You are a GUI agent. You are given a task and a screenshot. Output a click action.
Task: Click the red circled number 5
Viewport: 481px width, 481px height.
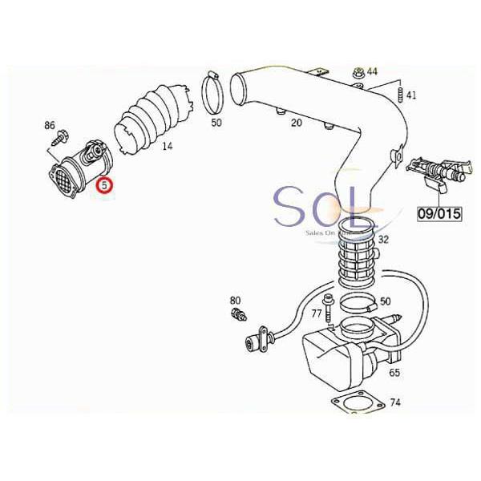point(104,187)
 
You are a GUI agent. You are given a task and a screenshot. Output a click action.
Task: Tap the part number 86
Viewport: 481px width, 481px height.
point(50,126)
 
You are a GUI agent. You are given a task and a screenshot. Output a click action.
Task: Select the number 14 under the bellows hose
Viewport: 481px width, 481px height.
point(167,146)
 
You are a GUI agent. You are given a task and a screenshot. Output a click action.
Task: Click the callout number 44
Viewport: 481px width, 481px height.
point(372,72)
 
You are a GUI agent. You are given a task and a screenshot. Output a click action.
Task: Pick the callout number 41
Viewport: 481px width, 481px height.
point(411,95)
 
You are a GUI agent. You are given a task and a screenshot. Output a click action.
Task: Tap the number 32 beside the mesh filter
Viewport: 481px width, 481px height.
point(383,239)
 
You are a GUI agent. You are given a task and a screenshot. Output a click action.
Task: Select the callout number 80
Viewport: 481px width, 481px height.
point(235,300)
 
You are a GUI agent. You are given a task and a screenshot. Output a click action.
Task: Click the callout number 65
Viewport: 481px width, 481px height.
point(394,373)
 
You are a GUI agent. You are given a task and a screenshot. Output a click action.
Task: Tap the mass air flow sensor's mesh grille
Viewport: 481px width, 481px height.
point(63,177)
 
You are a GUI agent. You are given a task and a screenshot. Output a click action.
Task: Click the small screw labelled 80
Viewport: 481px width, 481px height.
point(236,313)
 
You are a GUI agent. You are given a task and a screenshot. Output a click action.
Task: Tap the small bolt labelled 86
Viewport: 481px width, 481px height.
point(55,139)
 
